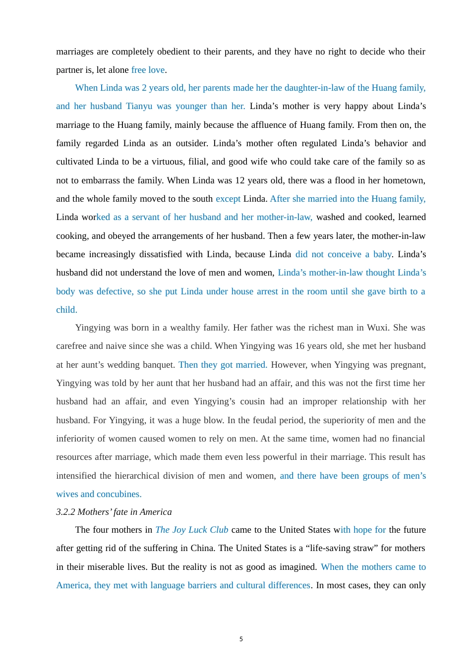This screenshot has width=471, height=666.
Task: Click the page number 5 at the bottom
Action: pos(241,639)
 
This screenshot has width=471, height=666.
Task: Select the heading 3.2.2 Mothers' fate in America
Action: pos(114,512)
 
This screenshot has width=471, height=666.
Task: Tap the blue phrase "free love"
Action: pos(148,70)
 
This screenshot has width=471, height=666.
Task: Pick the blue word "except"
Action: pos(228,199)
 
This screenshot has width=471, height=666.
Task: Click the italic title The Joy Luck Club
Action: pos(192,530)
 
